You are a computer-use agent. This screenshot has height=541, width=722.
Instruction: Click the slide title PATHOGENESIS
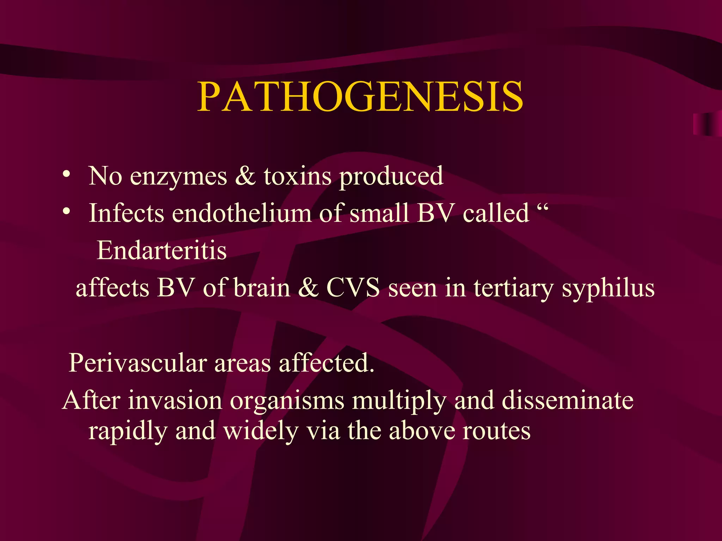[360, 97]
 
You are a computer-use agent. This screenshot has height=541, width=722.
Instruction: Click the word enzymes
[178, 176]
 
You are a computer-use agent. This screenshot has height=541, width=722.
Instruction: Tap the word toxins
[298, 176]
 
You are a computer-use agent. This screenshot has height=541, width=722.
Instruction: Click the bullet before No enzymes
[66, 174]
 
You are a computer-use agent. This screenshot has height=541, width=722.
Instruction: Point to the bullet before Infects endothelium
[66, 211]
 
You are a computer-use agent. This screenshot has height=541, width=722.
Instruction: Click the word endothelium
[242, 213]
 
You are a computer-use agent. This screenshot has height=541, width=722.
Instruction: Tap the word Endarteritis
[161, 251]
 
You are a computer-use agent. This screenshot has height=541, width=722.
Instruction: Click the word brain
[262, 288]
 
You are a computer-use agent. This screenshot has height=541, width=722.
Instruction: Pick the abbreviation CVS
[353, 288]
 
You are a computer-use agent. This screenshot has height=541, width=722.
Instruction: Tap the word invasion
[175, 401]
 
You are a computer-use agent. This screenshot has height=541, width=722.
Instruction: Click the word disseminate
[567, 401]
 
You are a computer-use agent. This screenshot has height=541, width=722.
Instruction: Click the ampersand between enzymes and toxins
[245, 176]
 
